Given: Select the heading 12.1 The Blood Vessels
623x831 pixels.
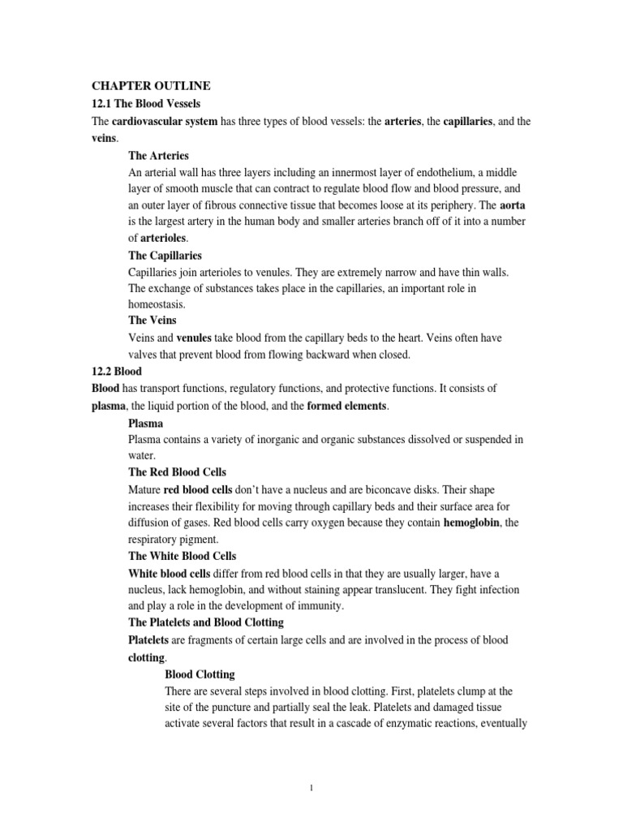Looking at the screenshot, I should click(145, 103).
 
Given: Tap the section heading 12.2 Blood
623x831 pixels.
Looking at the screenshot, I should click(118, 370).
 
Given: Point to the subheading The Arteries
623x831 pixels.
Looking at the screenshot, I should click(159, 156).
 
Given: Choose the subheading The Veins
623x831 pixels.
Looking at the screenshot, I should click(152, 321).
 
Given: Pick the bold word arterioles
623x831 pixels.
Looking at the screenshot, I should click(163, 238).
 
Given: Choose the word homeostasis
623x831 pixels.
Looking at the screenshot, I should click(157, 304).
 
